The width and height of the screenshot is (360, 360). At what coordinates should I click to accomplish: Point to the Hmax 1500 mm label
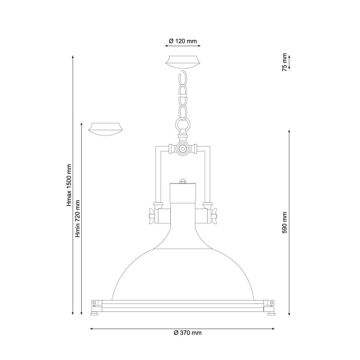68,185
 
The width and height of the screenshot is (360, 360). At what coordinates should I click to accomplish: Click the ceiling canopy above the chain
183,62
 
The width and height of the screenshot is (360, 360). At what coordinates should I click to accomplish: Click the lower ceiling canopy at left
106,128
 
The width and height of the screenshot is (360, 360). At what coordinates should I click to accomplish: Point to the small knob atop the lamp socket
183,181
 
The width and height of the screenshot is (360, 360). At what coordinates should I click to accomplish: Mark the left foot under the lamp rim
96,313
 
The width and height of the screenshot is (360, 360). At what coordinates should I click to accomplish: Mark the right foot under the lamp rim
270,313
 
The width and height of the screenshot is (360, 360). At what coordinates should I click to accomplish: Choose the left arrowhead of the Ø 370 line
93,328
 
